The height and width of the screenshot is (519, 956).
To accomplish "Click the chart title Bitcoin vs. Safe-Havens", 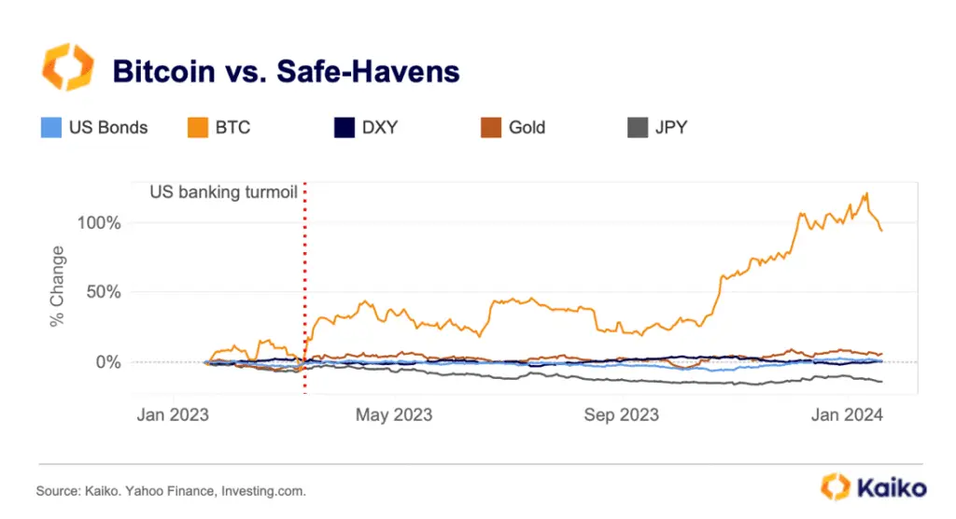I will (x=286, y=72).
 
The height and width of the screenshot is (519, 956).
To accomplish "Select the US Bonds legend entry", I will (x=95, y=127).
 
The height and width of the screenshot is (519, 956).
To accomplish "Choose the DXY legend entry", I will (x=366, y=127).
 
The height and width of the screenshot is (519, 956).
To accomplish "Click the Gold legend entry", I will (x=513, y=127).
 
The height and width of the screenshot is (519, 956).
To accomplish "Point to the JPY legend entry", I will (x=658, y=127).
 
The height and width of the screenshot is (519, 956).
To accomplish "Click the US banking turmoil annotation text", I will (x=223, y=193).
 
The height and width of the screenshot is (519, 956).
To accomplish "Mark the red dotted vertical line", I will (x=305, y=280).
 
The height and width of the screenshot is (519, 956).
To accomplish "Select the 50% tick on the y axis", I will (x=105, y=291).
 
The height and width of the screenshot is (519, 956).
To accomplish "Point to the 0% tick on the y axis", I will (x=108, y=362).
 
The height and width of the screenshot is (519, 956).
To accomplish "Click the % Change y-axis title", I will (x=58, y=288).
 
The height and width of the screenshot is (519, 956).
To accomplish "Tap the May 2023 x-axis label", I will (x=394, y=414).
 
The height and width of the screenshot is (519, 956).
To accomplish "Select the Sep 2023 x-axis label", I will (x=620, y=414).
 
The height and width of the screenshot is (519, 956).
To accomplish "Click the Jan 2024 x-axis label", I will (x=845, y=414).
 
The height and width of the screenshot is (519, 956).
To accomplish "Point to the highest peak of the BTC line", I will (x=867, y=194).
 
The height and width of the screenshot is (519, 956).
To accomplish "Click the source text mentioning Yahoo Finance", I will (x=171, y=490).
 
